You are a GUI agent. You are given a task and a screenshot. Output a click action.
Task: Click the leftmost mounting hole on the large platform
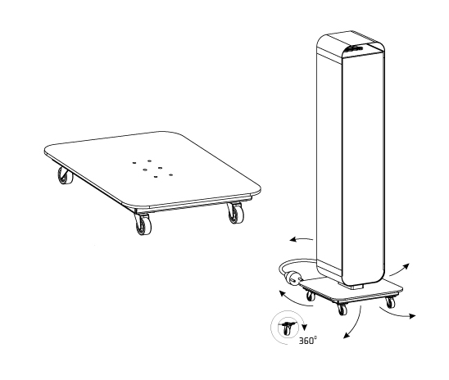134,163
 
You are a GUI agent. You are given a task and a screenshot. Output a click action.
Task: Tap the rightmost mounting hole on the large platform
171,174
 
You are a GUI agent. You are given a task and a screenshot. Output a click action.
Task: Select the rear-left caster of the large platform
65,175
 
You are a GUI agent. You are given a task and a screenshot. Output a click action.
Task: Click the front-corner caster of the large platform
143,224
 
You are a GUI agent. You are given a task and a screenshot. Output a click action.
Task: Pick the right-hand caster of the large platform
236,213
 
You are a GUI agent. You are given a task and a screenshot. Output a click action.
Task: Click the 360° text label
308,341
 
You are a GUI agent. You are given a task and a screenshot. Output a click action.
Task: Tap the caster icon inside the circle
287,328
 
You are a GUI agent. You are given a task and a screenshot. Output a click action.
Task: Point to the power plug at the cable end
293,278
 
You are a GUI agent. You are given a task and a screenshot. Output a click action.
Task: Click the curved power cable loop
295,265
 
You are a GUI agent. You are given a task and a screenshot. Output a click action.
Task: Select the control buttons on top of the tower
354,48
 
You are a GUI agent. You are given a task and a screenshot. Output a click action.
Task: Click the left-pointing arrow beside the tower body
301,239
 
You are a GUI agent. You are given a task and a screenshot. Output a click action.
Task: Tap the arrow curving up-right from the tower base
400,269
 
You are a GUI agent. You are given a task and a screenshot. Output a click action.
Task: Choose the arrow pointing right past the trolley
397,313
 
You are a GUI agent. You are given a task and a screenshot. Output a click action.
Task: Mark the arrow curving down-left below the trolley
355,324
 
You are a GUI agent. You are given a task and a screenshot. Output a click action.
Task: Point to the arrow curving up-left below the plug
294,299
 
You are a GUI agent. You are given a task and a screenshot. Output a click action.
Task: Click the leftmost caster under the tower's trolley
311,296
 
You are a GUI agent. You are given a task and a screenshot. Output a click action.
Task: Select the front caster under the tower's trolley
342,309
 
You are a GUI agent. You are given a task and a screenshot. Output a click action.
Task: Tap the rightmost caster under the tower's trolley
390,302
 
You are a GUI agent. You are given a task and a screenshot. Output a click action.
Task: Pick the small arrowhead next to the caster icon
305,327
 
